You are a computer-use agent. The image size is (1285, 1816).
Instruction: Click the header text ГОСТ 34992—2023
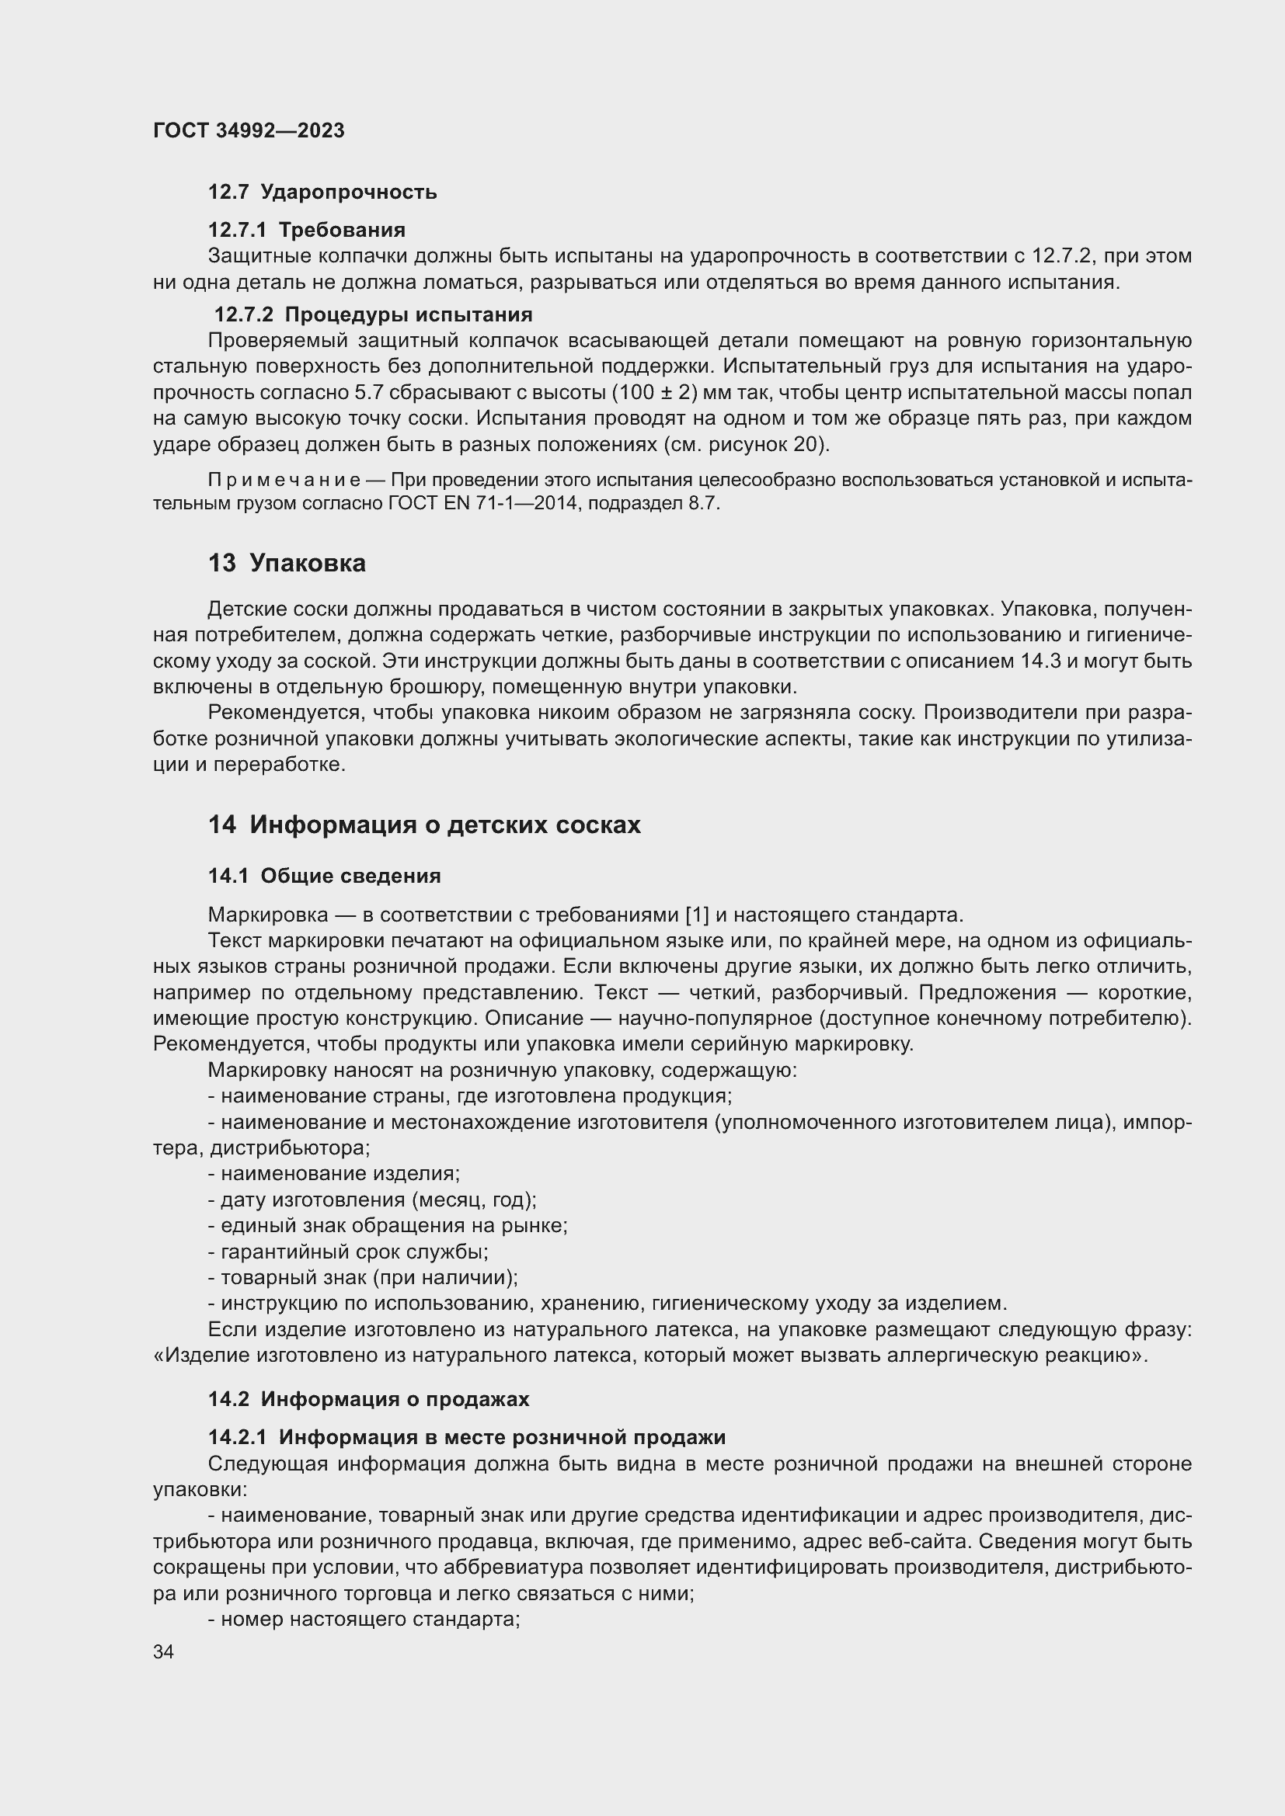coord(249,131)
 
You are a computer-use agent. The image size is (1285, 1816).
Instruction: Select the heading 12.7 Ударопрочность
coord(322,193)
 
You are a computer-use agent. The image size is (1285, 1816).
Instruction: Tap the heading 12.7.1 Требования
coord(306,230)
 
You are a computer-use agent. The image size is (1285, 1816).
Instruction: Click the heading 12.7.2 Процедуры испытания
coord(373,314)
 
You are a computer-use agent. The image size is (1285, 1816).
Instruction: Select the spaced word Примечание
coord(284,480)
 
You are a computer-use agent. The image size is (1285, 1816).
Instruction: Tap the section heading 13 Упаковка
coord(287,564)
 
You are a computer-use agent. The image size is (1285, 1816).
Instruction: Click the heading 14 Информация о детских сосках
coord(424,825)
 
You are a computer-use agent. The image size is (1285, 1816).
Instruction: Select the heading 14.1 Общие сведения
coord(325,876)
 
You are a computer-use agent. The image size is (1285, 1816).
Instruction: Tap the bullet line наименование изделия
coord(334,1173)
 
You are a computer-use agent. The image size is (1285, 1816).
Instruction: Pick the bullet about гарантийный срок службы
coord(348,1252)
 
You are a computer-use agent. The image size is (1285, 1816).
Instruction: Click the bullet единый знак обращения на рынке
coord(388,1226)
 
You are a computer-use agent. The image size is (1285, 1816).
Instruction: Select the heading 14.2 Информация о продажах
coord(368,1399)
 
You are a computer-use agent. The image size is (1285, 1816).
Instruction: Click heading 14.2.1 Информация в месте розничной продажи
coord(467,1437)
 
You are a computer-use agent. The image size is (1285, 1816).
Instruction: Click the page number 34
coord(164,1652)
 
